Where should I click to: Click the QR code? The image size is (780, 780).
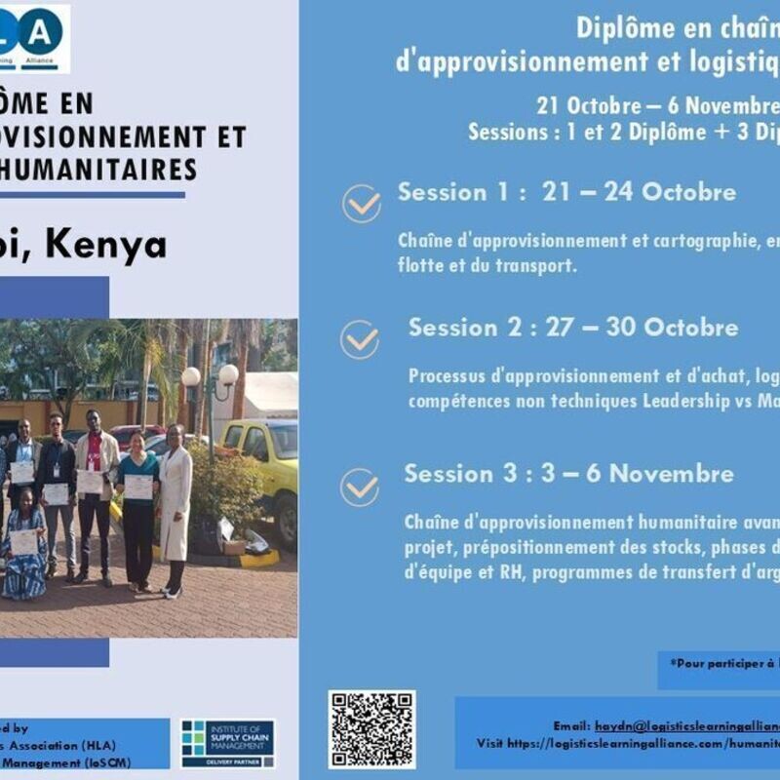click(371, 729)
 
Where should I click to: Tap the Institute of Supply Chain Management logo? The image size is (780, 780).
click(228, 743)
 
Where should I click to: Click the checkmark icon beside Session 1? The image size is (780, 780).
click(362, 203)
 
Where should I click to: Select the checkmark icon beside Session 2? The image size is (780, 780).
click(360, 339)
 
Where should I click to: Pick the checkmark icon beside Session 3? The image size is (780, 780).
click(360, 487)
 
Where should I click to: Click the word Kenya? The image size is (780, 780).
click(106, 246)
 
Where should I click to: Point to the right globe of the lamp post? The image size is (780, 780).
click(228, 374)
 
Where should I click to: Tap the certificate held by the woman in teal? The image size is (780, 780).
click(138, 487)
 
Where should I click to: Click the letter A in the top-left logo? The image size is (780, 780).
click(41, 32)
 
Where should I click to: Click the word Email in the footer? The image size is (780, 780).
click(571, 726)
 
